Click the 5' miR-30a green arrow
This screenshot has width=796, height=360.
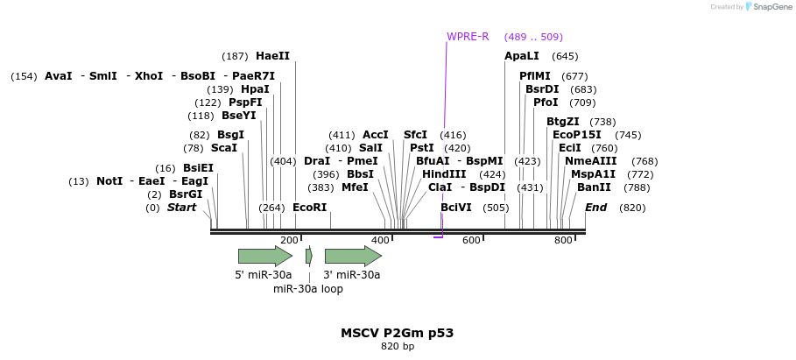264,256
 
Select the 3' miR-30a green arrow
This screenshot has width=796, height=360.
352,256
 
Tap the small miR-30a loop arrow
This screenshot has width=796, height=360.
308,256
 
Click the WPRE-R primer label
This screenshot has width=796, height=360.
468,37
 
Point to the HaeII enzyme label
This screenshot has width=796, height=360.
272,56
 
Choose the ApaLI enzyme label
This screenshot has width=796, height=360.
522,56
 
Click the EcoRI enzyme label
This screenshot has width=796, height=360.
309,208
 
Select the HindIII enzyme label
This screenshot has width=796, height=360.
444,174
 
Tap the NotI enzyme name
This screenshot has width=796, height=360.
109,181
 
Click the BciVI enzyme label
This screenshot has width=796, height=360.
456,208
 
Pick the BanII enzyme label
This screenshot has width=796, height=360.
594,187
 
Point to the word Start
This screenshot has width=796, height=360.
181,208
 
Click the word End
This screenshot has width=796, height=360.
595,208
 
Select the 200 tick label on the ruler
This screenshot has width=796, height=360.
289,240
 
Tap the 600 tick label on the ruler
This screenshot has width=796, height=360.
471,240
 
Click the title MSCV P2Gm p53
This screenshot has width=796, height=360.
397,333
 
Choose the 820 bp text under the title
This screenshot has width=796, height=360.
397,347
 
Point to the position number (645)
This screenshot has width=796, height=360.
565,56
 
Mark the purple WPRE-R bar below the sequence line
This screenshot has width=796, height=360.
438,236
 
